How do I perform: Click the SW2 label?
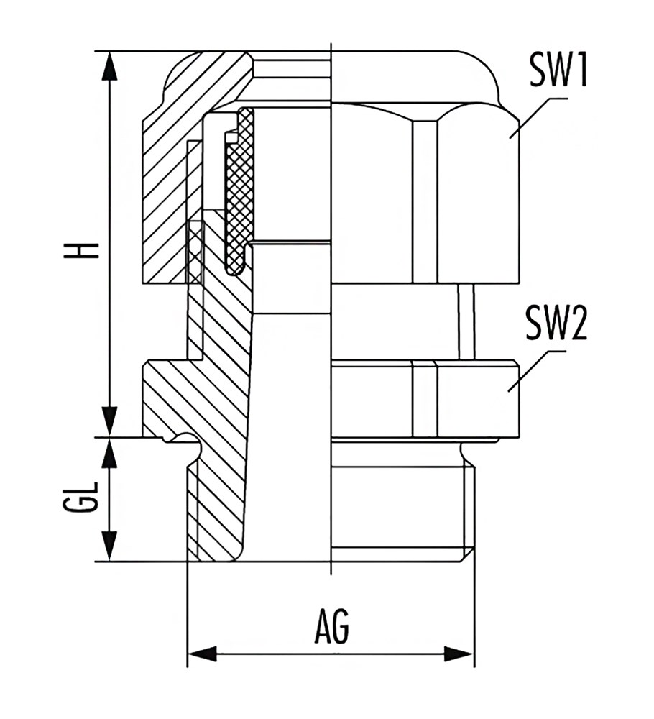coord(556,323)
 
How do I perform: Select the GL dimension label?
coord(82,497)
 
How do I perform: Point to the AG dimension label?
coord(331,626)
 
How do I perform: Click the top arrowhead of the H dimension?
coord(109,66)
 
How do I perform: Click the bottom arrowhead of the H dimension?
coord(109,421)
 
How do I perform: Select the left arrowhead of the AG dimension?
coord(203,654)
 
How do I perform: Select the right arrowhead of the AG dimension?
coord(459,654)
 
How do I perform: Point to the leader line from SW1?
coord(538,117)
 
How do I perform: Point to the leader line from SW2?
coord(537,371)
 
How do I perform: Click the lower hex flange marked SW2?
coord(425,399)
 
